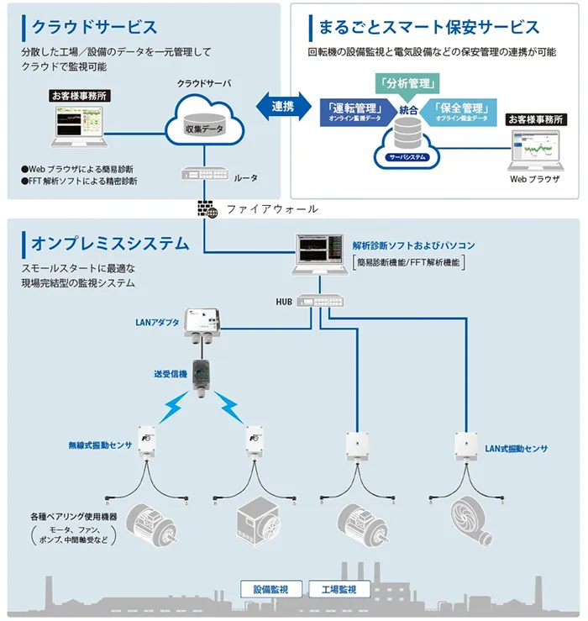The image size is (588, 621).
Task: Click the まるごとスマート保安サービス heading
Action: pyautogui.click(x=428, y=27)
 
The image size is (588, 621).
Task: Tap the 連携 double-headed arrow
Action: pyautogui.click(x=283, y=105)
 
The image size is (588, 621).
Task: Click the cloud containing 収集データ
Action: pyautogui.click(x=204, y=124)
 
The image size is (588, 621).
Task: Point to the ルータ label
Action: pyautogui.click(x=245, y=178)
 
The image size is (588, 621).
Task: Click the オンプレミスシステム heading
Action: pyautogui.click(x=110, y=244)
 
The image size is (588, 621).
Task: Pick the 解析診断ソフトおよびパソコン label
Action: pyautogui.click(x=413, y=245)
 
